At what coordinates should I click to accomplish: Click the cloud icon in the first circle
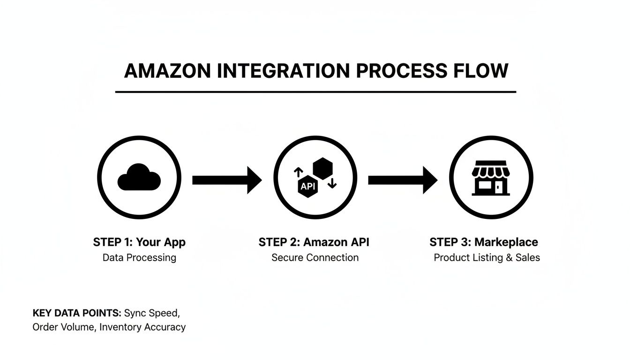[x=139, y=178]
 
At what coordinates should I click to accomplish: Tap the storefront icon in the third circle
[x=490, y=178]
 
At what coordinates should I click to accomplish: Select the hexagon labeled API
[x=308, y=186]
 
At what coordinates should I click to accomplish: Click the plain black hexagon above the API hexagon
[x=322, y=167]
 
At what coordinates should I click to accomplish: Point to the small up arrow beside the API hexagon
[x=298, y=172]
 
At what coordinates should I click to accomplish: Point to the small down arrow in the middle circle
[x=332, y=183]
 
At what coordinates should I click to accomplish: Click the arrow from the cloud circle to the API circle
[x=227, y=180]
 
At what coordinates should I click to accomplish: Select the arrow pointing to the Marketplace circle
[x=402, y=180]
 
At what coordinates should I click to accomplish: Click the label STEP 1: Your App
[x=139, y=242]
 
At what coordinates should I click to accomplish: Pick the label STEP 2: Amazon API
[x=314, y=242]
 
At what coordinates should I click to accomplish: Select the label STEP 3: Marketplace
[x=483, y=242]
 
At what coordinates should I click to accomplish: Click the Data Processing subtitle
[x=139, y=257]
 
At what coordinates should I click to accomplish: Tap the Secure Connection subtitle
[x=315, y=257]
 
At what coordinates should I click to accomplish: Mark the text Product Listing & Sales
[x=487, y=257]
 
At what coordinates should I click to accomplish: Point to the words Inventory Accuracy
[x=142, y=327]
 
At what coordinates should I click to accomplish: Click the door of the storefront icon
[x=503, y=188]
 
